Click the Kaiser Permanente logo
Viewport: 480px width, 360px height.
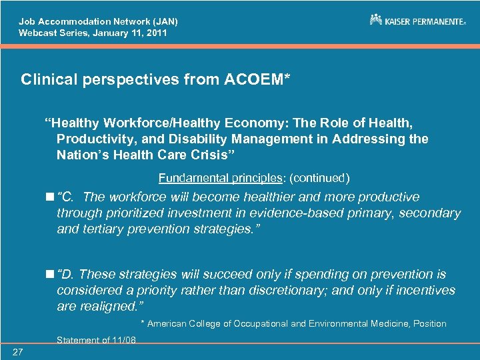point(417,21)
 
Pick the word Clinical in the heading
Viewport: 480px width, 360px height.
point(47,80)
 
